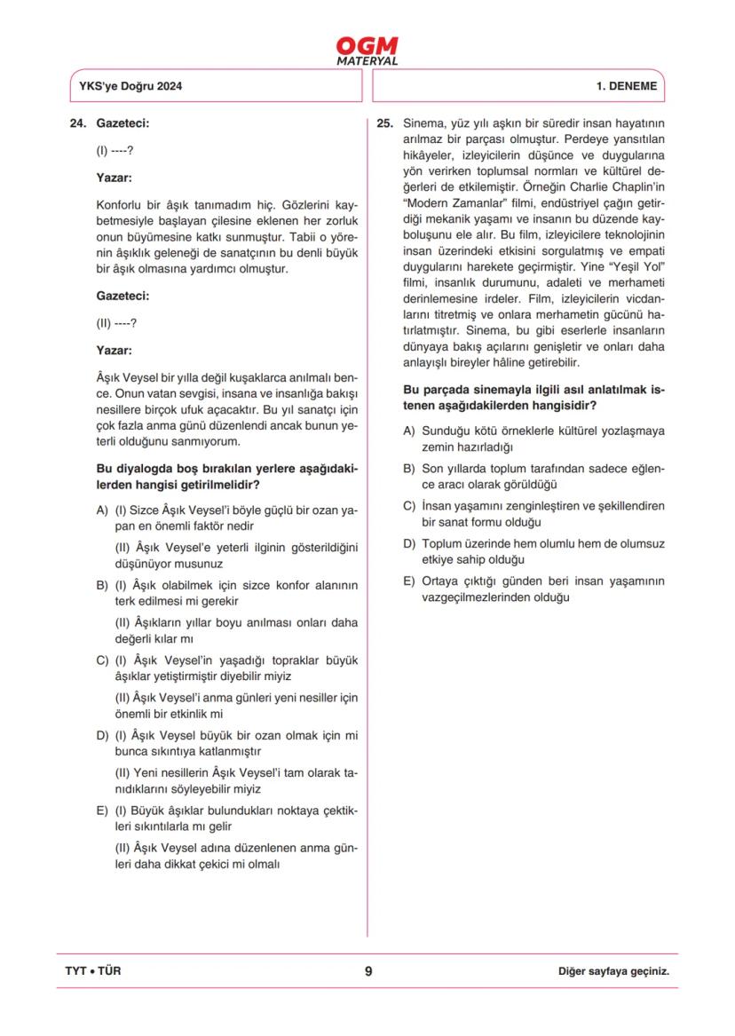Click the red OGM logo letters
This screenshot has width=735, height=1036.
(367, 46)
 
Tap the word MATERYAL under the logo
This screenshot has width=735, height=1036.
(367, 61)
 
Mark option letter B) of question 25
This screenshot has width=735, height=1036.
(409, 468)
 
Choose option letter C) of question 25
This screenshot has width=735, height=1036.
(409, 506)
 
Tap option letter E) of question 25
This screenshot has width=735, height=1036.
(409, 581)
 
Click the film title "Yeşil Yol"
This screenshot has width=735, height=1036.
(634, 268)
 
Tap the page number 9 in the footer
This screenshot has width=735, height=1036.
(367, 970)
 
